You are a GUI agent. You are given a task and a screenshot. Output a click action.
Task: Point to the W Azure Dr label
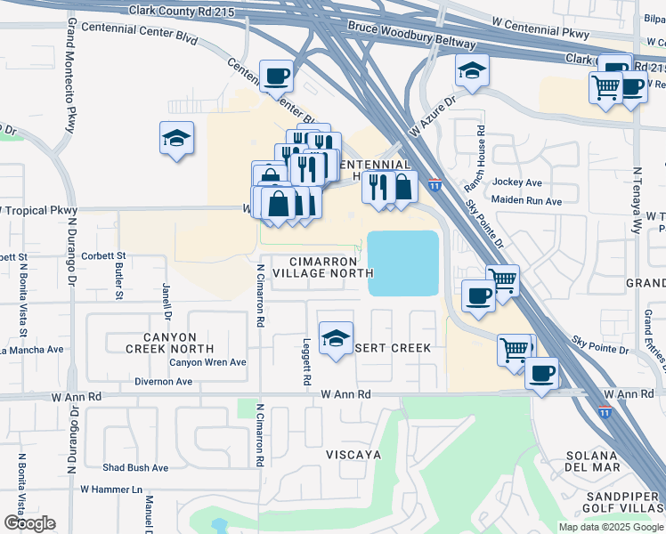tap(432, 118)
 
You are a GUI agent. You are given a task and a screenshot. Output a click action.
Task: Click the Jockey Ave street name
tap(517, 182)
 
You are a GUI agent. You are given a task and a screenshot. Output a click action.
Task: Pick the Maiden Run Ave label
tap(526, 201)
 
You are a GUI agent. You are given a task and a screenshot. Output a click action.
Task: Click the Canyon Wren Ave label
tap(207, 362)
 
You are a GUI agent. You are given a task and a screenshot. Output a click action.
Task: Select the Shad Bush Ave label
tap(135, 467)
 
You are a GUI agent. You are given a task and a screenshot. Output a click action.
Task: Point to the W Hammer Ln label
tap(111, 489)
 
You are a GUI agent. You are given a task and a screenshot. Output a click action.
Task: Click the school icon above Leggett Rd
tap(336, 339)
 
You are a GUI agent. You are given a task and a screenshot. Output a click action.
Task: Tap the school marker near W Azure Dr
tap(473, 71)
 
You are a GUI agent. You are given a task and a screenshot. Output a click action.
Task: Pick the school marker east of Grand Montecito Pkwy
tap(177, 139)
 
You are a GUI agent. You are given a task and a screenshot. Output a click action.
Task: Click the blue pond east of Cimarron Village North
tap(403, 263)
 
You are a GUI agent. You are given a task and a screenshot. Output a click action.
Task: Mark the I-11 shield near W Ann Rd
tap(605, 412)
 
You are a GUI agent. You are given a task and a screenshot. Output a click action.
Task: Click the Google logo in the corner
tap(29, 522)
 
